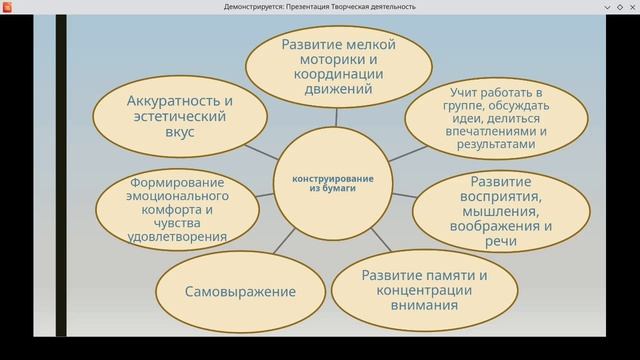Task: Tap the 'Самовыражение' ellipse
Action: pos(240,292)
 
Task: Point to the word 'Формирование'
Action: pos(175,183)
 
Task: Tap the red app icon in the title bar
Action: pos(8,7)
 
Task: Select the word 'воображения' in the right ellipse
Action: pos(494,226)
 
